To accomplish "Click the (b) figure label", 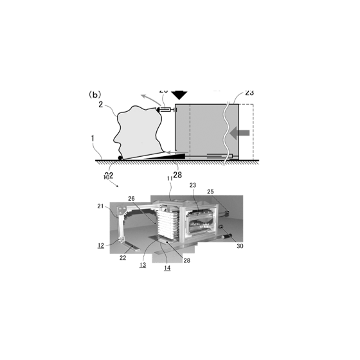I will coord(94,94).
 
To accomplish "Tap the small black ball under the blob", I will coord(121,157).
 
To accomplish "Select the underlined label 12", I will coord(101,245).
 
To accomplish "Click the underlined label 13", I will coord(143,264).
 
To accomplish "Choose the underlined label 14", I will coord(167,268).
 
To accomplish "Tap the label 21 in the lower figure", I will coord(100,206).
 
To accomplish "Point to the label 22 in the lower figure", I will coord(123,257).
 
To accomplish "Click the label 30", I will coord(240,246).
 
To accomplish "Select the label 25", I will coord(210,192).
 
